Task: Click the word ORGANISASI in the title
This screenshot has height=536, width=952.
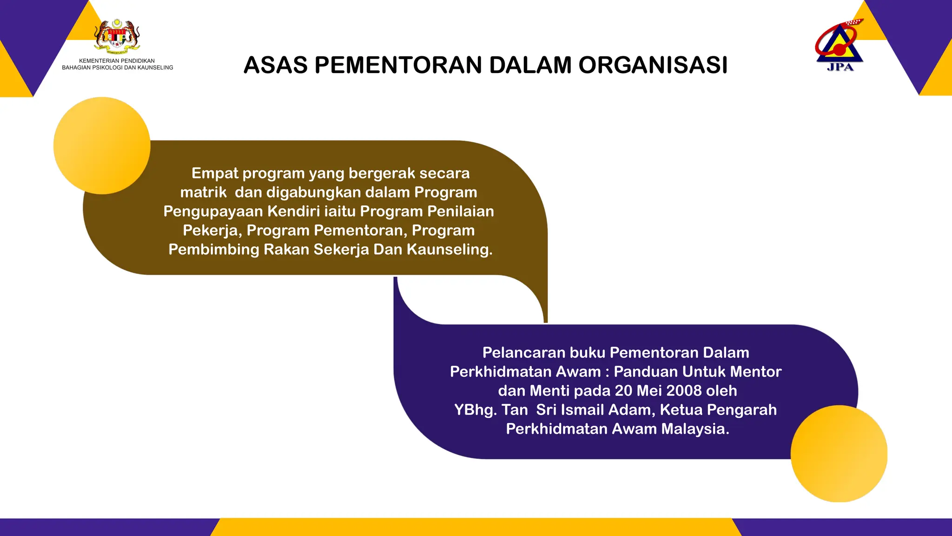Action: [x=653, y=65]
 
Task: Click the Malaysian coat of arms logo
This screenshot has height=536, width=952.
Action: [x=117, y=35]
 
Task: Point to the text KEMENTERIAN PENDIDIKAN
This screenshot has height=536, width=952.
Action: [x=117, y=61]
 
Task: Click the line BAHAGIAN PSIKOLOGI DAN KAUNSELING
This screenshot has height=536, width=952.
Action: [x=118, y=68]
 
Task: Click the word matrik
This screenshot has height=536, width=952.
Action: [x=203, y=193]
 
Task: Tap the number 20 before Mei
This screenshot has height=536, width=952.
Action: [x=624, y=391]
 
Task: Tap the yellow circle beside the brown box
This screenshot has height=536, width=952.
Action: [x=102, y=146]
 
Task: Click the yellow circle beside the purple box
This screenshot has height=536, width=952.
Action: [x=839, y=454]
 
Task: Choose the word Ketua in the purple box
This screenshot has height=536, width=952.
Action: [x=680, y=410]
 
